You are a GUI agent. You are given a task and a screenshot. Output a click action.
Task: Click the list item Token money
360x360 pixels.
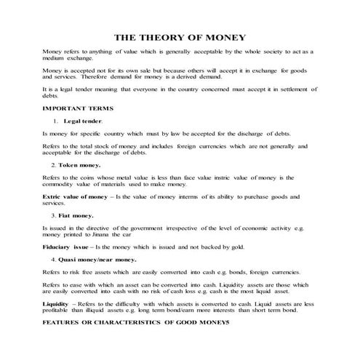pyautogui.click(x=79, y=165)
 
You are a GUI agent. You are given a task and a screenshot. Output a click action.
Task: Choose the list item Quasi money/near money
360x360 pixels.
pyautogui.click(x=97, y=258)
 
